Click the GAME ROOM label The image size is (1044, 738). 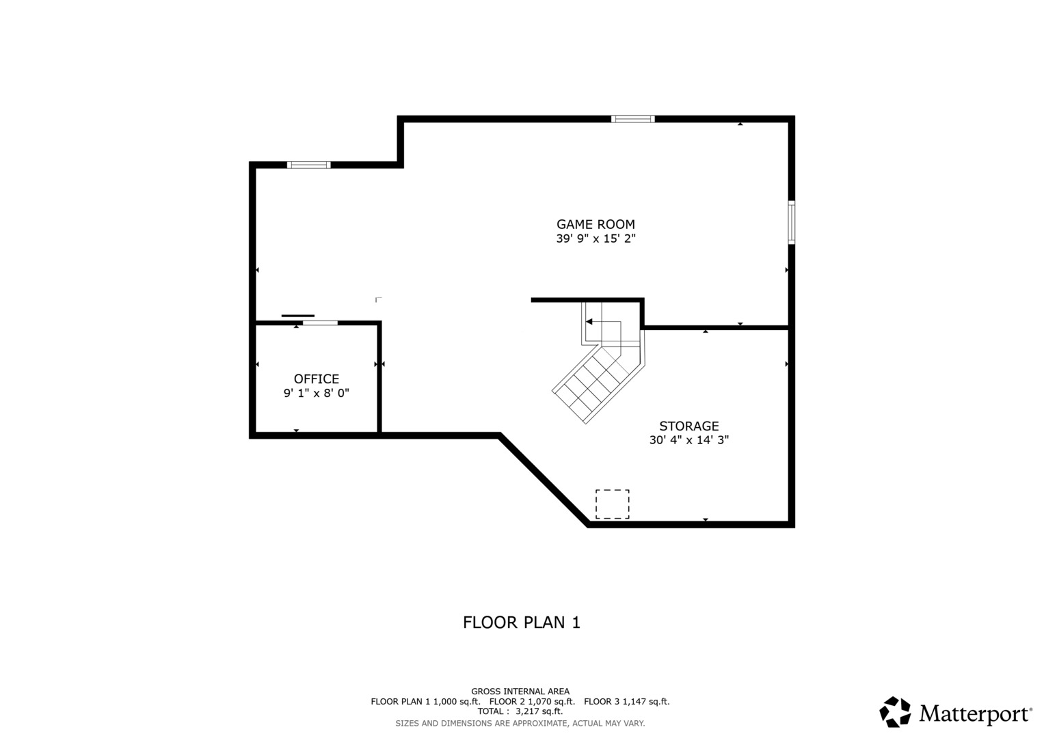595,224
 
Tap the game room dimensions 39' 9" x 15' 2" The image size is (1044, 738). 595,238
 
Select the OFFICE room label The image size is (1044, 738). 317,379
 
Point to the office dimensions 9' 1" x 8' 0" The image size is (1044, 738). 317,393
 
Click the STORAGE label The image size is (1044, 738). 689,426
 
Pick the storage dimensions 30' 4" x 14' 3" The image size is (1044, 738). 689,440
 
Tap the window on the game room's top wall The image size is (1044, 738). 633,120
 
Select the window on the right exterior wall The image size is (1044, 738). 792,222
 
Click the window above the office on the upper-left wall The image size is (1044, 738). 308,165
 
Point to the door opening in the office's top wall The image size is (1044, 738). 320,323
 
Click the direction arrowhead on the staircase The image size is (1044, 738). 589,321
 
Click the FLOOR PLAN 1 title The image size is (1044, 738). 522,623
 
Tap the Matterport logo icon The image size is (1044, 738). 895,712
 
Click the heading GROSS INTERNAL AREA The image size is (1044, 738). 520,692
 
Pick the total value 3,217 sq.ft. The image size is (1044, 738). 539,711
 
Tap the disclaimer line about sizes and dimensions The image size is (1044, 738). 520,724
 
